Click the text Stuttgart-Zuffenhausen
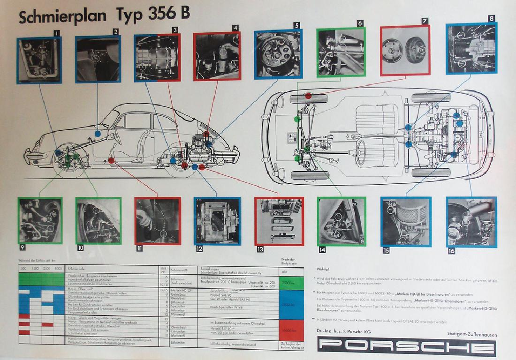click(472, 335)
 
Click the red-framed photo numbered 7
click(405, 51)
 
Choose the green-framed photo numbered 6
click(341, 52)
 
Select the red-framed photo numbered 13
click(279, 221)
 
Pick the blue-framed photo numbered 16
click(471, 222)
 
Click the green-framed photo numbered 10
click(98, 220)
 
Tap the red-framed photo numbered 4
click(217, 57)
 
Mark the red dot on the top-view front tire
click(308, 96)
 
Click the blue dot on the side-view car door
click(98, 134)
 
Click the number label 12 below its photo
click(199, 249)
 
